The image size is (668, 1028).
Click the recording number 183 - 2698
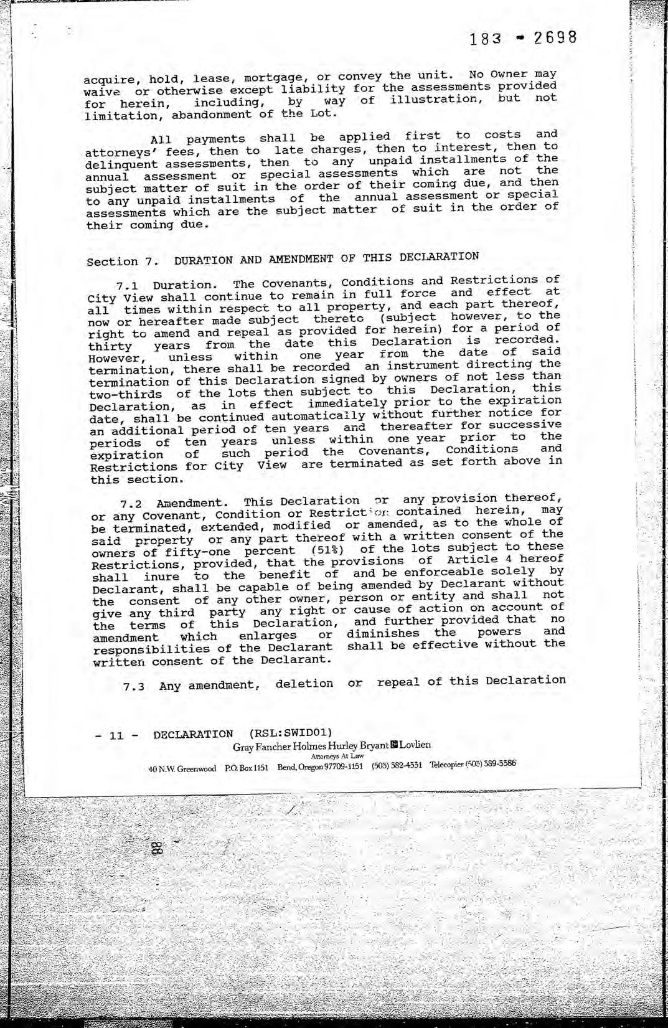(524, 39)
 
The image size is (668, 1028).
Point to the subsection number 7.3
(134, 687)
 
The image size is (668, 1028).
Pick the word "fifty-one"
(200, 552)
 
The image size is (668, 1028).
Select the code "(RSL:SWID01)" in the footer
(290, 732)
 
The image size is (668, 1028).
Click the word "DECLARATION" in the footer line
(194, 735)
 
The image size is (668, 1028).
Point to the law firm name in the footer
(331, 745)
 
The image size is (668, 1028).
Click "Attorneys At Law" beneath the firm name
(337, 756)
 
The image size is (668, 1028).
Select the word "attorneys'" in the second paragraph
(115, 152)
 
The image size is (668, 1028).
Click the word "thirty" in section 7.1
(110, 347)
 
